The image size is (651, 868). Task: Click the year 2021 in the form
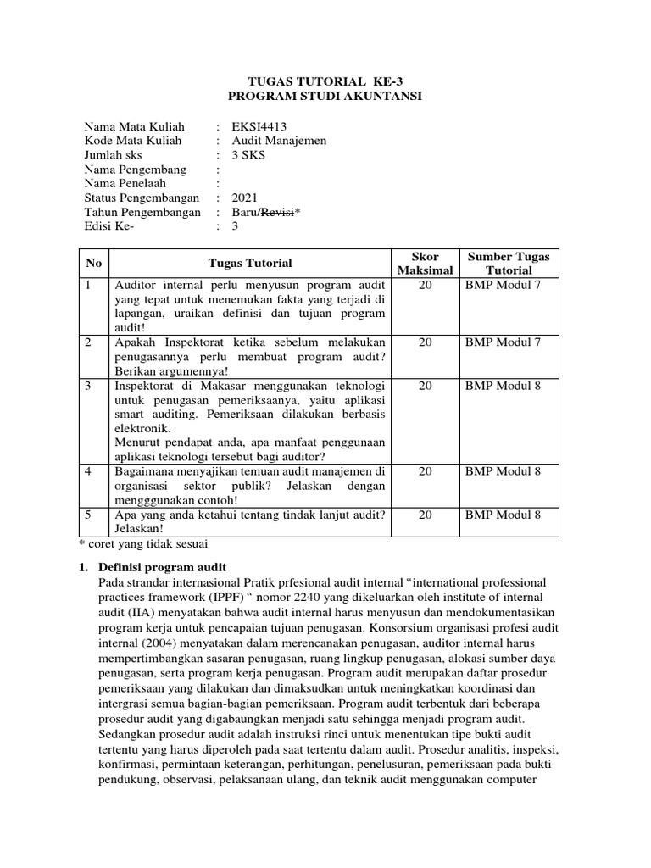tap(246, 198)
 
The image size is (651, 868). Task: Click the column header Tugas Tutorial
tap(250, 264)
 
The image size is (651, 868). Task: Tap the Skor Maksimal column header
tap(426, 264)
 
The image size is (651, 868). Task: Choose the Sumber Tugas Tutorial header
tap(509, 264)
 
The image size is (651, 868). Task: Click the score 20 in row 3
tap(426, 386)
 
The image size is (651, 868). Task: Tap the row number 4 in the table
tap(88, 471)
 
